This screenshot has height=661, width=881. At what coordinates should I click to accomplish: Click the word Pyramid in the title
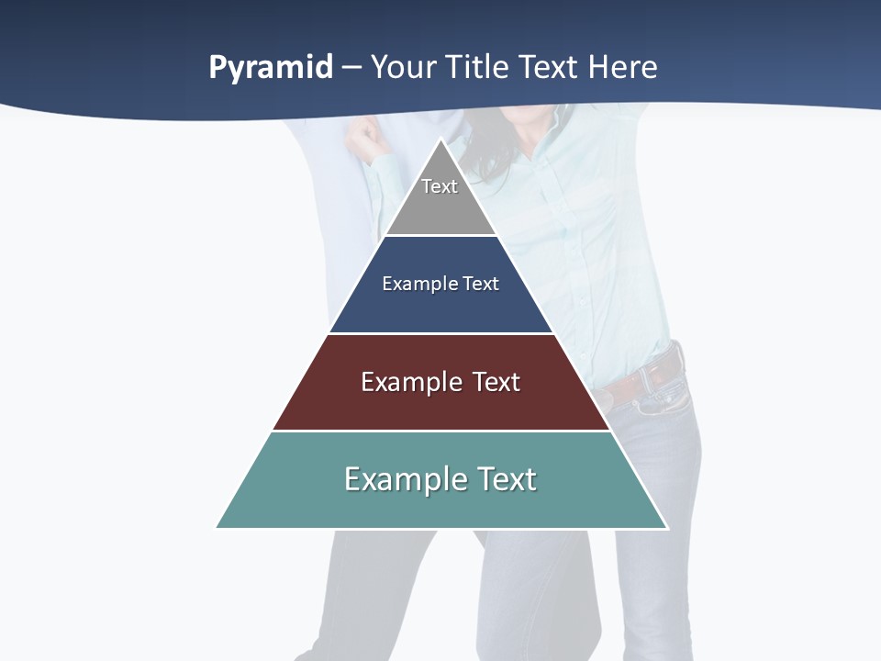[x=271, y=68]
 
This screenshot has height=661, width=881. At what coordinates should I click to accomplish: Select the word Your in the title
[x=405, y=68]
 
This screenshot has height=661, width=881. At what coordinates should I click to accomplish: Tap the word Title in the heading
[x=477, y=68]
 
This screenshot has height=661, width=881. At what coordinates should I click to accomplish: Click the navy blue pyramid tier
[x=440, y=308]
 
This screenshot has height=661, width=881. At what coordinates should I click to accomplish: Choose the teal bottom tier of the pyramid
[x=440, y=505]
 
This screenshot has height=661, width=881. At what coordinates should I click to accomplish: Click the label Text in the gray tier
[x=440, y=186]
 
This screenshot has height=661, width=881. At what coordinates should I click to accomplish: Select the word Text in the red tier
[x=496, y=382]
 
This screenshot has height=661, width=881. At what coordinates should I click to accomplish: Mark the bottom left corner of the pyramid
[x=217, y=527]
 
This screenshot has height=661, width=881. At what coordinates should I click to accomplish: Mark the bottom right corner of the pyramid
[x=666, y=527]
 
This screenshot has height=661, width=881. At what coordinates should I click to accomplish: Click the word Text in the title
[x=548, y=68]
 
